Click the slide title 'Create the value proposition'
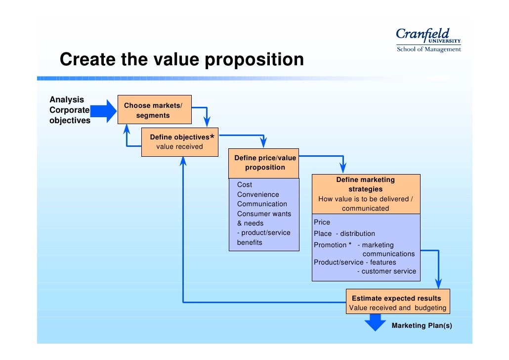(x=181, y=60)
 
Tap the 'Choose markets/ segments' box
(x=154, y=110)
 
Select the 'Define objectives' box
(x=179, y=142)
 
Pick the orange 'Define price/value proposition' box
(x=264, y=163)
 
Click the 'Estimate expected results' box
(x=397, y=302)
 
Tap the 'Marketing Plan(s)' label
(x=422, y=325)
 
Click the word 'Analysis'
(x=67, y=99)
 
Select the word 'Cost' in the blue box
(x=245, y=184)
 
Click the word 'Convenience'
(x=258, y=194)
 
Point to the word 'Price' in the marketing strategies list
(x=322, y=222)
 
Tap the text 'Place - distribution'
(x=344, y=233)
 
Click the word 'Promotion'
(x=330, y=245)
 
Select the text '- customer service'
(x=386, y=271)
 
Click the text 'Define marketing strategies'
(x=365, y=184)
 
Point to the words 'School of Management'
(x=428, y=49)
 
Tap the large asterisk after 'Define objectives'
(x=212, y=137)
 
